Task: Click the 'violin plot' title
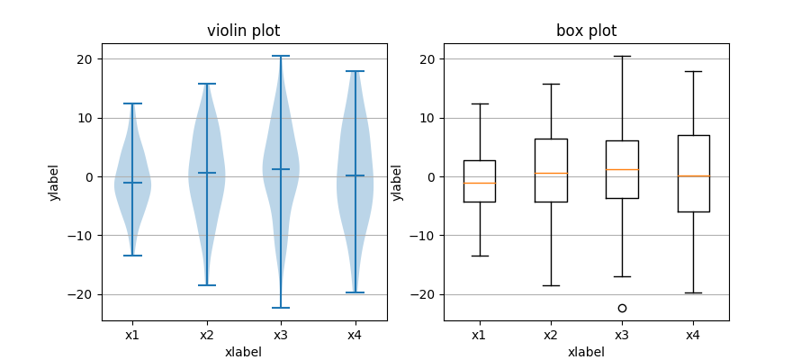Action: [243, 31]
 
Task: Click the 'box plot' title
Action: [586, 31]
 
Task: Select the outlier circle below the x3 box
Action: [622, 308]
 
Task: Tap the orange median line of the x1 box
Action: [479, 183]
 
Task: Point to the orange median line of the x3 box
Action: [622, 169]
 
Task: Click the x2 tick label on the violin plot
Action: [206, 335]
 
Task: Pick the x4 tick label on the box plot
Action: [693, 335]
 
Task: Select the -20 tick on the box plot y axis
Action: [427, 294]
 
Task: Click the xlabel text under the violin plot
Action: [243, 352]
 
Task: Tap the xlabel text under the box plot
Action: [586, 352]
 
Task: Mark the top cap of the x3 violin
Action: [281, 56]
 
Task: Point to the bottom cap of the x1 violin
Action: [132, 256]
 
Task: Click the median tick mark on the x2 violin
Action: [206, 173]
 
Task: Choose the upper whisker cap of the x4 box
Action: [693, 71]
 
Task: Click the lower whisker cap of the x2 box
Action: [550, 285]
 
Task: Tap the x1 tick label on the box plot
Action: [479, 335]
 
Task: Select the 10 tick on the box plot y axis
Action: [429, 118]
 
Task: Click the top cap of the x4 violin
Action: [355, 71]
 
